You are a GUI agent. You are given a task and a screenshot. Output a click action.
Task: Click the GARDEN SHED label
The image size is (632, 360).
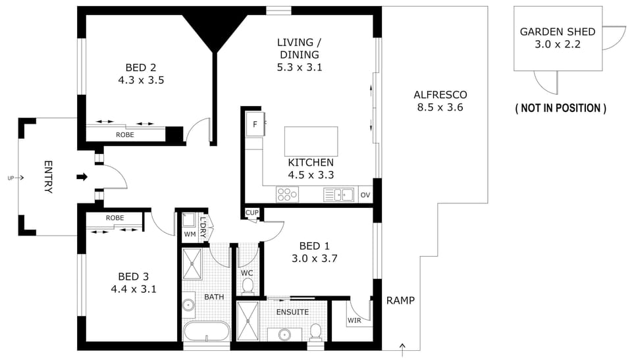point(558,32)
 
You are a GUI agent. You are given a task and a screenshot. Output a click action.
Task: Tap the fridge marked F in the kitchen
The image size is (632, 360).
point(255,124)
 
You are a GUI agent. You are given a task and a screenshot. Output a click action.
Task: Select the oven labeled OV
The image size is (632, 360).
point(365,195)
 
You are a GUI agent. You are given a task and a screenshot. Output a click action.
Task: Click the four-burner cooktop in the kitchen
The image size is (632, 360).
point(288,195)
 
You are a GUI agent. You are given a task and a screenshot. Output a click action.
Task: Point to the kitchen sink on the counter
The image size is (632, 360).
point(338,195)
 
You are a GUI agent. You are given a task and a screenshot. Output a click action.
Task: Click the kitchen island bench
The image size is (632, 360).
point(311,141)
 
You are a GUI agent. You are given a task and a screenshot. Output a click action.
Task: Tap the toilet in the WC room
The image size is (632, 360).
point(248,286)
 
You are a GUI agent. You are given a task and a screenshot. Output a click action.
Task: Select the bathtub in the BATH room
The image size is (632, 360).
point(206,332)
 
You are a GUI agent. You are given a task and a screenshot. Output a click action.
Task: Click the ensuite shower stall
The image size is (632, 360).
point(247,321)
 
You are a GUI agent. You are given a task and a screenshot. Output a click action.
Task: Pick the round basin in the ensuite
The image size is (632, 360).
point(285,334)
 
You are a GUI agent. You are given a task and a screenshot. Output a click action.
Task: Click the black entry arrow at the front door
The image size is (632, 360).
point(82,177)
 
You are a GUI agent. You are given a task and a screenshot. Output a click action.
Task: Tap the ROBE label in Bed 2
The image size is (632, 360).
point(125,135)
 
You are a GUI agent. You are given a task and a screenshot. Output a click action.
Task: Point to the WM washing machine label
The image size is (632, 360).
point(190,234)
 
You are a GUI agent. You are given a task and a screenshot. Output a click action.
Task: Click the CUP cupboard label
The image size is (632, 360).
point(252,213)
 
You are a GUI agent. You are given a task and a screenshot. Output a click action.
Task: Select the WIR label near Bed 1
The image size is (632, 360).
point(354,321)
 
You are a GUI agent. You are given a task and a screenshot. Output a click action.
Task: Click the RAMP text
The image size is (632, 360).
point(400,300)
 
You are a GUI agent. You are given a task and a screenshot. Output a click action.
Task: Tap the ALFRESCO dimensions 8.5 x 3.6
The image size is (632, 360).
point(440,107)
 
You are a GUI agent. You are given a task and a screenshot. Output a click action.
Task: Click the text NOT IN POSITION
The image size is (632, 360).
point(561,108)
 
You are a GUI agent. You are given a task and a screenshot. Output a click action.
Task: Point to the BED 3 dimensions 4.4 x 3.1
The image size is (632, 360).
point(134,289)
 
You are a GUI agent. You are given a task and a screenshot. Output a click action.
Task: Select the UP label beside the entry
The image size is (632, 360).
point(11,178)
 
